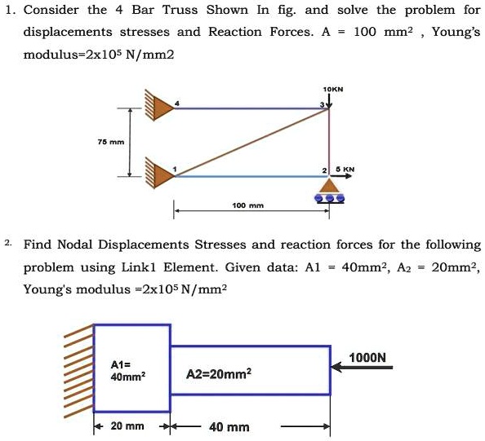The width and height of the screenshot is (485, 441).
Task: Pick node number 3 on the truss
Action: pos(322,104)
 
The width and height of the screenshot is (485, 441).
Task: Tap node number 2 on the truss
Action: pos(324,170)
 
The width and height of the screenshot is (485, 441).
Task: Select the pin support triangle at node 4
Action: pos(163,108)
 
